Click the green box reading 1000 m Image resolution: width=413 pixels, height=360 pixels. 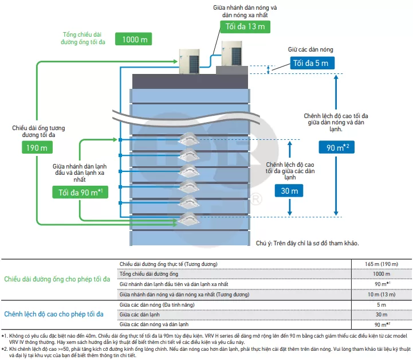tap(133, 39)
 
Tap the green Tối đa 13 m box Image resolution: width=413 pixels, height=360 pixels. tap(245, 26)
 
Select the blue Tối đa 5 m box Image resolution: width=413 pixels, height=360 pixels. tap(312, 63)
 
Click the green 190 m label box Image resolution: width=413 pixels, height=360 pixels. tap(37, 147)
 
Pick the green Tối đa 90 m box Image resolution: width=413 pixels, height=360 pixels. tap(80, 192)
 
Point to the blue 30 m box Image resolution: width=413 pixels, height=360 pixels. tap(289, 190)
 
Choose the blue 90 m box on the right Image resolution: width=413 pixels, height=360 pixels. tap(337, 147)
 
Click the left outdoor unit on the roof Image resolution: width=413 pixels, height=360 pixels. tap(190, 61)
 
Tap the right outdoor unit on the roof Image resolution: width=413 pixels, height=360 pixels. tap(232, 53)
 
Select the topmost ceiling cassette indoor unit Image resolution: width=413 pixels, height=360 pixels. tap(188, 139)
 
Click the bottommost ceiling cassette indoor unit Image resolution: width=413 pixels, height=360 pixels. tap(188, 219)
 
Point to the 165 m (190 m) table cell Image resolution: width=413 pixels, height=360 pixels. tap(381, 264)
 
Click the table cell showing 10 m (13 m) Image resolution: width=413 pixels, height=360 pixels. tap(381, 295)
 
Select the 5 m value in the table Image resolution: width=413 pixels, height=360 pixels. tap(381, 304)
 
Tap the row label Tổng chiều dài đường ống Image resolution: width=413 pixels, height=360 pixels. tap(149, 274)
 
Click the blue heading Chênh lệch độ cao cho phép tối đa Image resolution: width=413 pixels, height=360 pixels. tap(54, 314)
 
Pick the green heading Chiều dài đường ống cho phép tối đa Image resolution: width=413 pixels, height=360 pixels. tap(57, 279)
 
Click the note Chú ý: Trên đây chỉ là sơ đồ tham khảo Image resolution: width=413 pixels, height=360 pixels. tap(308, 243)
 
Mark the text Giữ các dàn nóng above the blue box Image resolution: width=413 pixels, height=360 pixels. tap(310, 49)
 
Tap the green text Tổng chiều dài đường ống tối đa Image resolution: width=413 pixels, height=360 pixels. tap(82, 38)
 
